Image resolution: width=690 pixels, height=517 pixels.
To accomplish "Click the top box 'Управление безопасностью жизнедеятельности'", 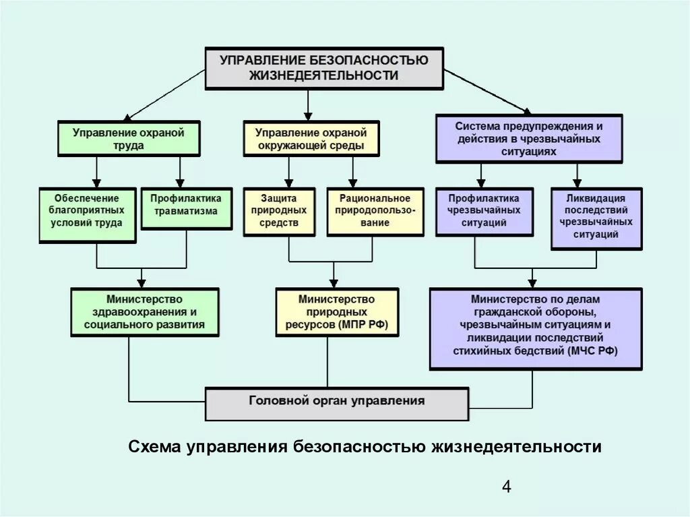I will [x=324, y=67].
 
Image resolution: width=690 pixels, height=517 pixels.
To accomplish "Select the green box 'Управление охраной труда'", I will [x=129, y=139].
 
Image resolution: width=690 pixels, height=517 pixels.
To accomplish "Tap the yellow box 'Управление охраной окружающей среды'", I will [x=311, y=139].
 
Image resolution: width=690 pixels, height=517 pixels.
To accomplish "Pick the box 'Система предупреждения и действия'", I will [x=529, y=139].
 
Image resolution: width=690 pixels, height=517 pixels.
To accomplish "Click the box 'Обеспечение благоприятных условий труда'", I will [x=88, y=214].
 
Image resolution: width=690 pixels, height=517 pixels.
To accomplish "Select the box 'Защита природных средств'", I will [x=279, y=211].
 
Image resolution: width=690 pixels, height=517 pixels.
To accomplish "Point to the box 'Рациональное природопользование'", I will [x=375, y=211].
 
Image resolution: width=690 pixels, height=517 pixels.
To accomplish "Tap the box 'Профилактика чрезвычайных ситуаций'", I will [x=480, y=211].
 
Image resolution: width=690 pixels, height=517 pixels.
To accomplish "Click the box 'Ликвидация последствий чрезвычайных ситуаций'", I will [x=596, y=218].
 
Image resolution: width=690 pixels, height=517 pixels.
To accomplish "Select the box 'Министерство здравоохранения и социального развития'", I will [x=145, y=312].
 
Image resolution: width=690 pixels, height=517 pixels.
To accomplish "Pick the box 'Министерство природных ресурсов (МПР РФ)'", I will [x=336, y=312].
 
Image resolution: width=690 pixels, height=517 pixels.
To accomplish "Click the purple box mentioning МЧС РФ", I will [x=536, y=328].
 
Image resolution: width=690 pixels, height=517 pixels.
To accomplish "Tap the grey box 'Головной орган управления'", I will [x=336, y=402].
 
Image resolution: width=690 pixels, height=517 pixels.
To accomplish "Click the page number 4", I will [x=507, y=487].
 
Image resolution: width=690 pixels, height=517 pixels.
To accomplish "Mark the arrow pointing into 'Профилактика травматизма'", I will [x=179, y=182].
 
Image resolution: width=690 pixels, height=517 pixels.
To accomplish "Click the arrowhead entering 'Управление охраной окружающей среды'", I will [x=308, y=115].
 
